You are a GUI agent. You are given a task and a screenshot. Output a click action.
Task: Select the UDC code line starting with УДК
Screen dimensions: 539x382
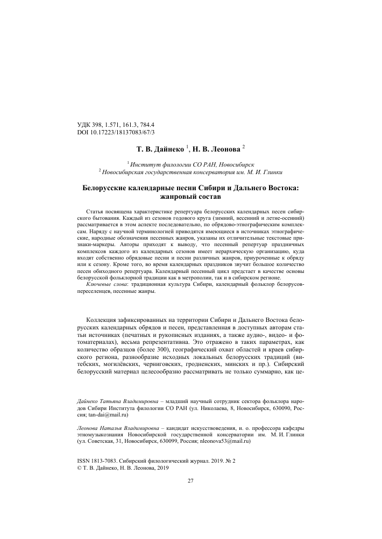point(116,125)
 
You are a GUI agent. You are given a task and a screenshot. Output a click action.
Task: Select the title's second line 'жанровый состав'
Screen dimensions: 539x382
point(190,198)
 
